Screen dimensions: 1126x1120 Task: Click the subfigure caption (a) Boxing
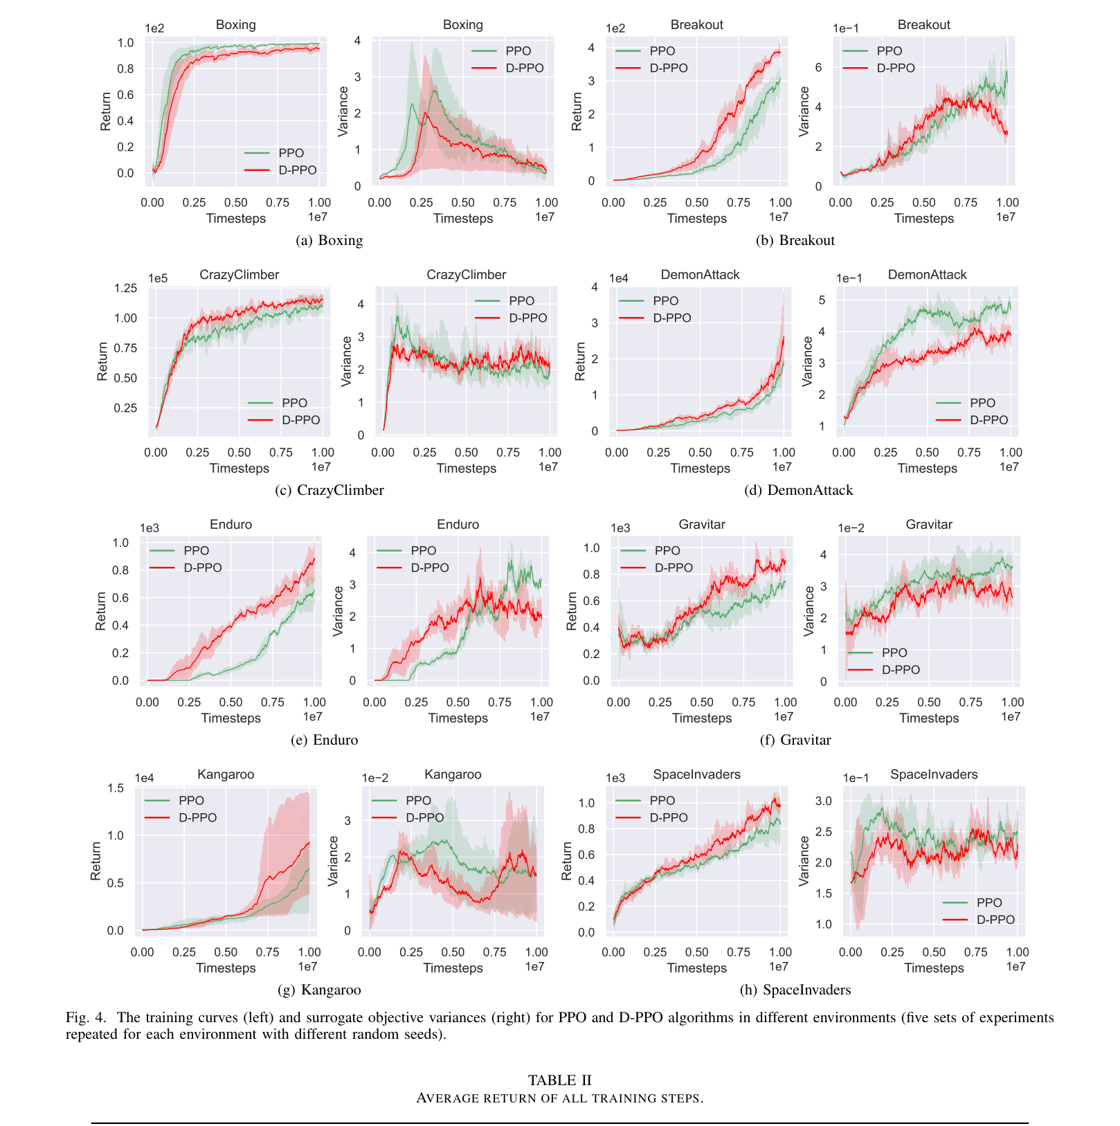pyautogui.click(x=329, y=240)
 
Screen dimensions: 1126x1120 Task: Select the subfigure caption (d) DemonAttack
pyautogui.click(x=798, y=490)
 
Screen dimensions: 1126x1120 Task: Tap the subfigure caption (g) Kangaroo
pyautogui.click(x=319, y=990)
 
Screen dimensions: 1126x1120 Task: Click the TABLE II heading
pyautogui.click(x=559, y=1080)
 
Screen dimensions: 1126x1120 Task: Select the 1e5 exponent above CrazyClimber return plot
pyautogui.click(x=158, y=278)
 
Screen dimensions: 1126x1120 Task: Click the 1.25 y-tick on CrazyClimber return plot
pyautogui.click(x=125, y=289)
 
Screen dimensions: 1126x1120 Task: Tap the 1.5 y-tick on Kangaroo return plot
pyautogui.click(x=116, y=788)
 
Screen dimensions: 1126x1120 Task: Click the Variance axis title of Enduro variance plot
pyautogui.click(x=338, y=611)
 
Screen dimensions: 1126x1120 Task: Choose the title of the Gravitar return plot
pyautogui.click(x=702, y=525)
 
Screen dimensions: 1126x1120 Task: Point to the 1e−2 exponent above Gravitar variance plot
pyautogui.click(x=851, y=528)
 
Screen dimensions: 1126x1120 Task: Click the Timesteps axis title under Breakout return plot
pyautogui.click(x=696, y=219)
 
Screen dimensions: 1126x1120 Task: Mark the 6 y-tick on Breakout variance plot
pyautogui.click(x=818, y=68)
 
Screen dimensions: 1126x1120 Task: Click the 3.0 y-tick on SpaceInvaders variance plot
pyautogui.click(x=823, y=801)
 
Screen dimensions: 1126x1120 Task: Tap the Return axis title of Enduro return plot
pyautogui.click(x=101, y=611)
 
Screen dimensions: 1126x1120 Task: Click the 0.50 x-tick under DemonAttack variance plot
pyautogui.click(x=927, y=453)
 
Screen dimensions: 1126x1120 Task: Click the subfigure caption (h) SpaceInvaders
pyautogui.click(x=795, y=990)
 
